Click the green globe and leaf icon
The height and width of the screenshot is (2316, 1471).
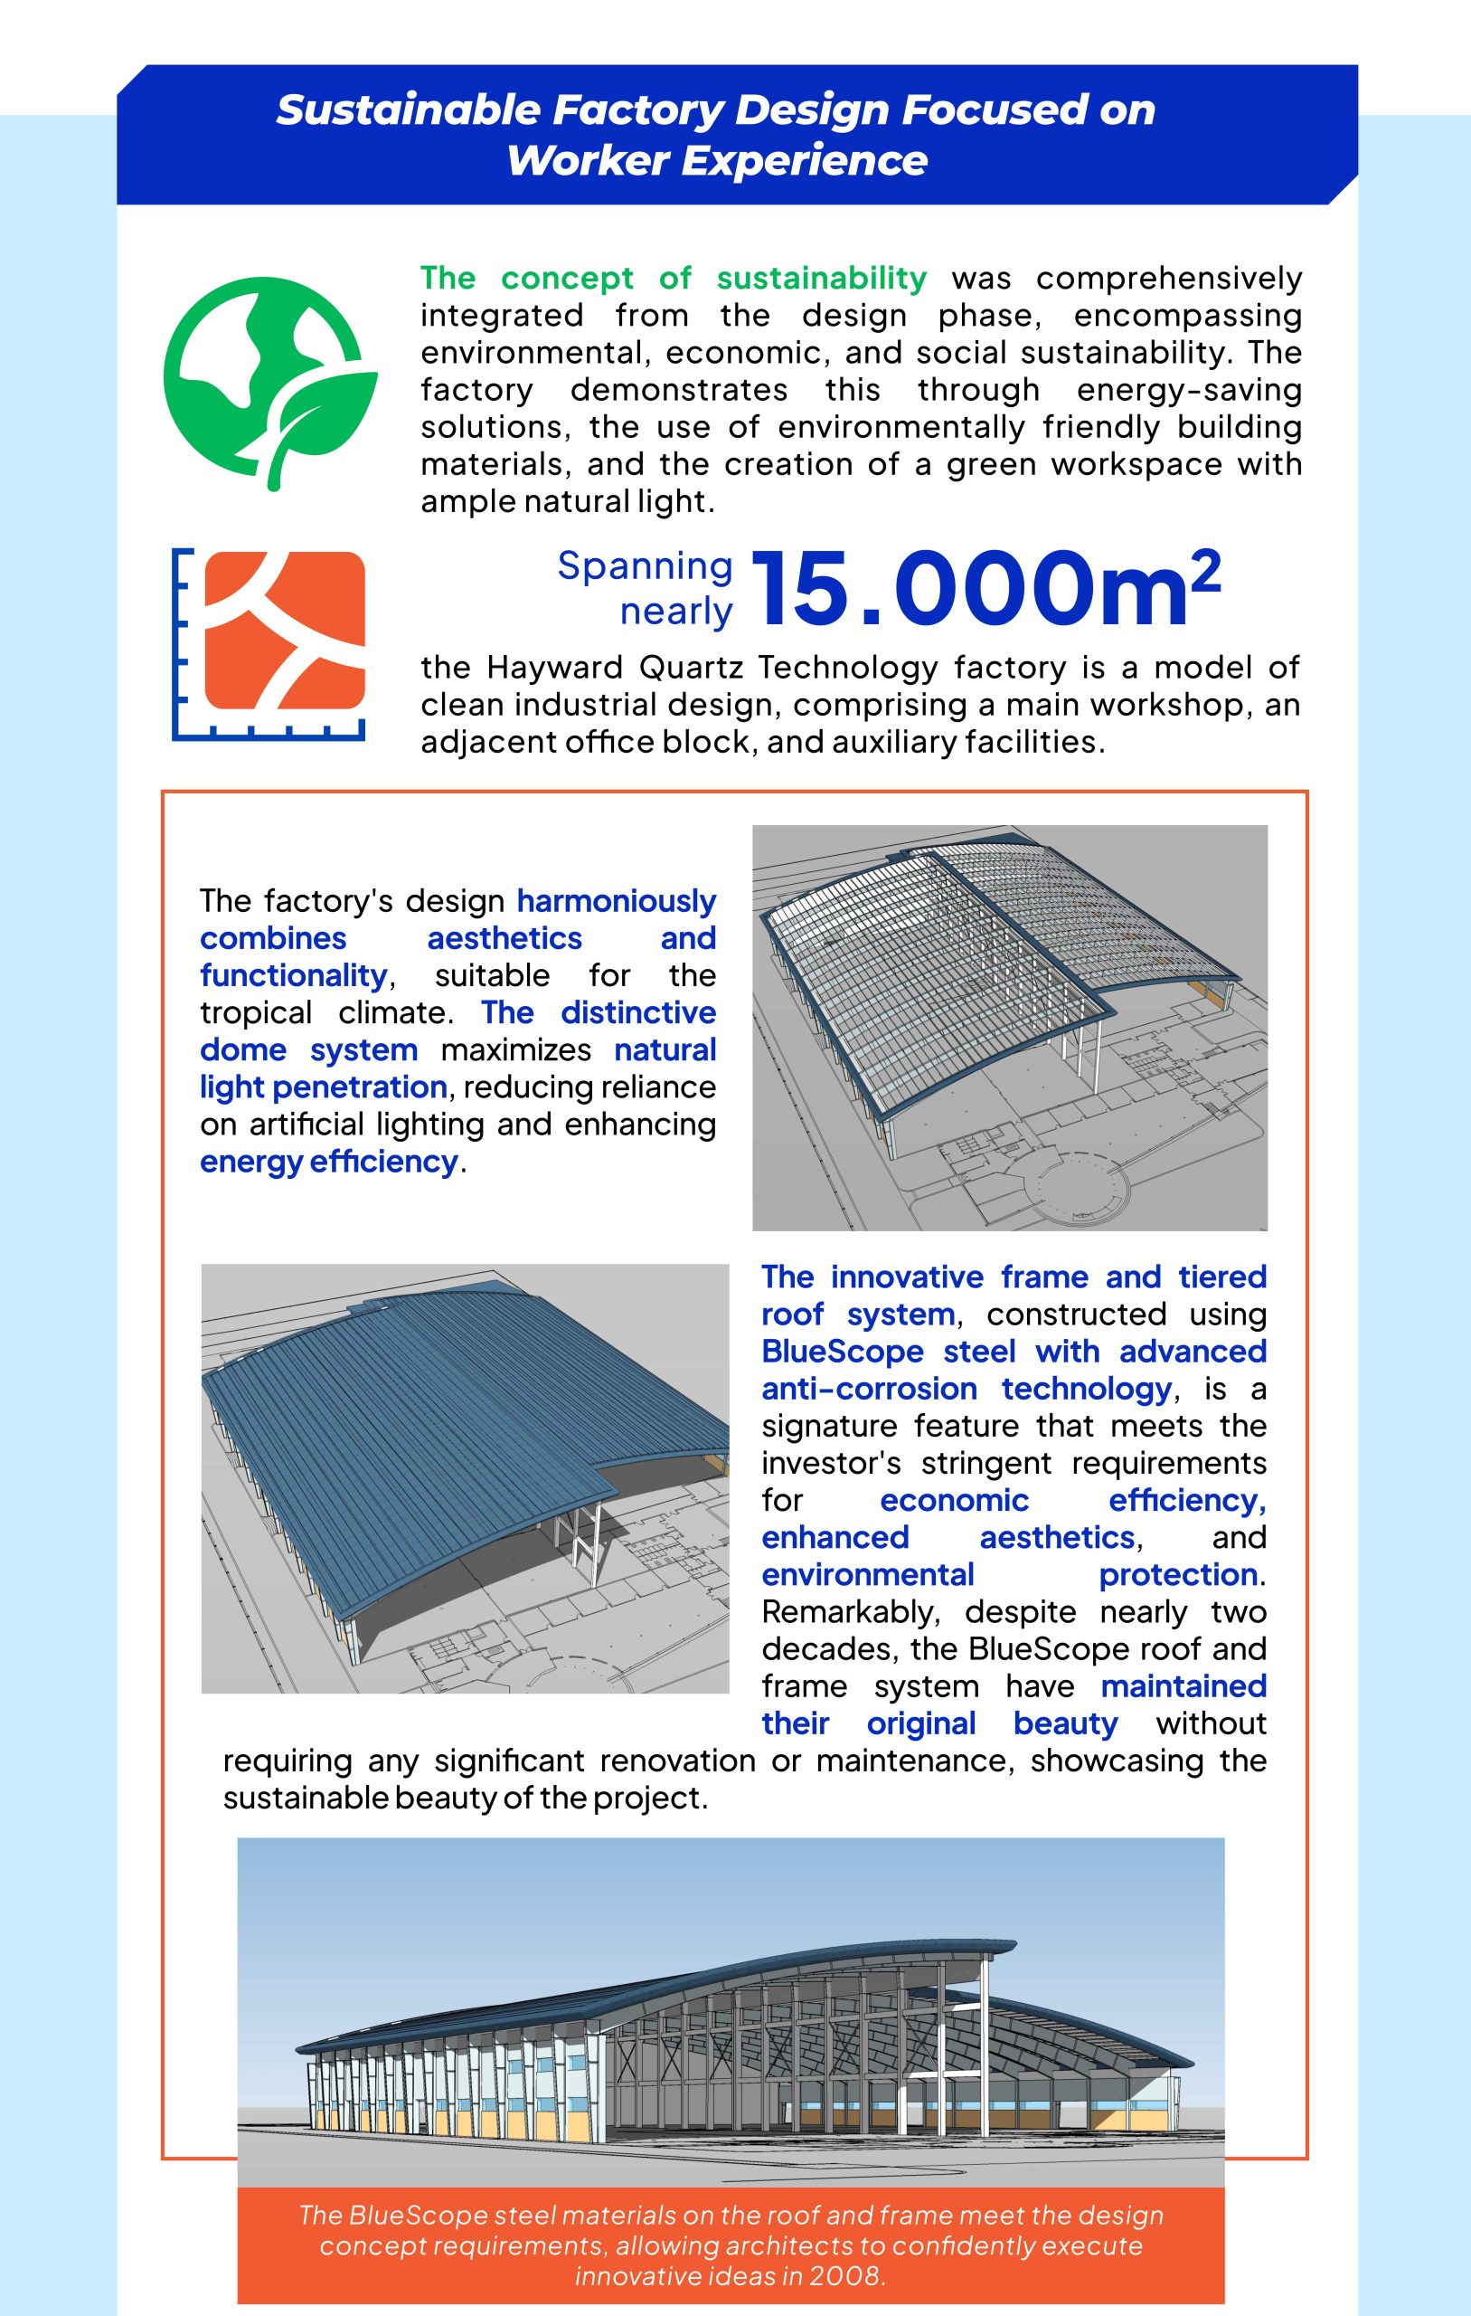pos(270,383)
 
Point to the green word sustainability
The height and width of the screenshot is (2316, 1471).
pos(821,278)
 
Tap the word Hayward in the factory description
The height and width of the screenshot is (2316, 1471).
pos(555,667)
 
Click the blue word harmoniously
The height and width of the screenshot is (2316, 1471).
pos(617,900)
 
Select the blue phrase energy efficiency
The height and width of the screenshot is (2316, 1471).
pos(329,1162)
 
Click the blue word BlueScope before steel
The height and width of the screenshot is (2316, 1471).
pos(841,1352)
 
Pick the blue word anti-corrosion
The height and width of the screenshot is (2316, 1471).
pos(869,1389)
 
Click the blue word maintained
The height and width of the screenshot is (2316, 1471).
pos(1183,1686)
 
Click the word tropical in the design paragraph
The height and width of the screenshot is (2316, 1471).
pos(256,1012)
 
